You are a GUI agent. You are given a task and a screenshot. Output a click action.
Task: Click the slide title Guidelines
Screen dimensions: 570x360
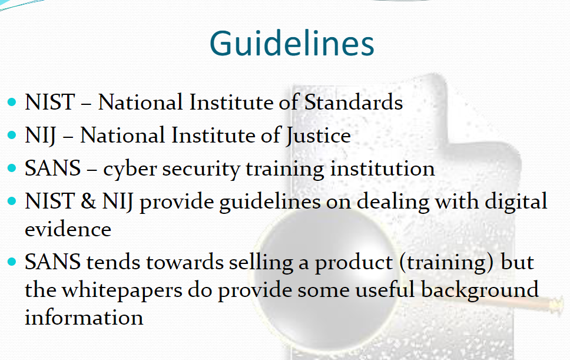[292, 44]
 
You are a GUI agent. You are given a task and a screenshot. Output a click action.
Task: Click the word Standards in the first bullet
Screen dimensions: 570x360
[353, 102]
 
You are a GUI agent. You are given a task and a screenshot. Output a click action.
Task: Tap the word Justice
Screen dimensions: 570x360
[318, 136]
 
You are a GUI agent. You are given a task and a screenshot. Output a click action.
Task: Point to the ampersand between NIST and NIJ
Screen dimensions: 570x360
[88, 201]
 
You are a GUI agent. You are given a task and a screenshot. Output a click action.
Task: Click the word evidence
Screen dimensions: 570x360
[68, 229]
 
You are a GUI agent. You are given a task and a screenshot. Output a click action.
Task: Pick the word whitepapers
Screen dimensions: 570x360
[122, 290]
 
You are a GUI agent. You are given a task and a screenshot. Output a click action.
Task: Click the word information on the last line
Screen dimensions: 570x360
[84, 317]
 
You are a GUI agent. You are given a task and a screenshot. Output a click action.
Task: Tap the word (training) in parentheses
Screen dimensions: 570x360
[446, 263]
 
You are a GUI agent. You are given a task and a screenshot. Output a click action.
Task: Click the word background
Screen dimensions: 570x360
[480, 290]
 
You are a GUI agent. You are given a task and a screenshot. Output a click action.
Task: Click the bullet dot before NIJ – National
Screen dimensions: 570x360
[12, 136]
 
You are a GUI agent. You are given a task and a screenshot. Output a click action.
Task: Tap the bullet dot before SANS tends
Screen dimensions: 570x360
[12, 262]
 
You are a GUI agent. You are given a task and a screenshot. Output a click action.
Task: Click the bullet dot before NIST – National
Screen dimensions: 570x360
[12, 102]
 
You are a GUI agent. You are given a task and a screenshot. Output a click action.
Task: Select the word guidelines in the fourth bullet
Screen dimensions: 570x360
[270, 202]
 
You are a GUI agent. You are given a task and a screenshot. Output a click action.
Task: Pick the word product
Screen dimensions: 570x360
[353, 263]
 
